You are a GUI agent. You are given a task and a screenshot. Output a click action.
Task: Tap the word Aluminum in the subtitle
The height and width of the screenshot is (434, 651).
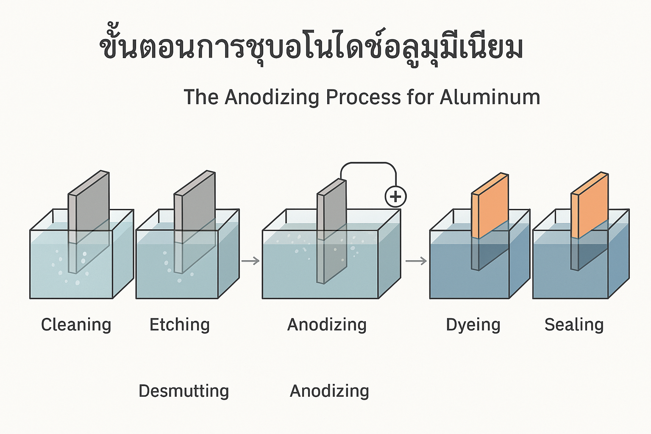coord(490,97)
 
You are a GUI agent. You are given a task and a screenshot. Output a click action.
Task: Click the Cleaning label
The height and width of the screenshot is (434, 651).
coord(76,325)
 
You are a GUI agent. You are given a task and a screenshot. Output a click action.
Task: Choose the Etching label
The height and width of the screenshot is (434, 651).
coord(180,325)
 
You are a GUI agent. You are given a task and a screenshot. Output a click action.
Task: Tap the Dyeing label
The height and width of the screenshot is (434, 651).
coord(473,325)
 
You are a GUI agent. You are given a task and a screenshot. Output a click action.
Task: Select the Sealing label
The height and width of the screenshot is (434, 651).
coord(574,325)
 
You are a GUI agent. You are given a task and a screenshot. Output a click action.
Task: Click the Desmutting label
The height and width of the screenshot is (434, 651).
coord(184,391)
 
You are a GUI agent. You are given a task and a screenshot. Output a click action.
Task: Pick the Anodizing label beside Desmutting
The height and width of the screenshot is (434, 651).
coord(329,391)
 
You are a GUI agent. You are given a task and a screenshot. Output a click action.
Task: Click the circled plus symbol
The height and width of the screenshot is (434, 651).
coord(395,197)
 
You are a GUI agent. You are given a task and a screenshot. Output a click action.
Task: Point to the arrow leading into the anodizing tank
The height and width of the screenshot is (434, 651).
coord(250,261)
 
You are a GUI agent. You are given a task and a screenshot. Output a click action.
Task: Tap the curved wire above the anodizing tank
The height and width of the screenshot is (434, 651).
coord(369,164)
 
